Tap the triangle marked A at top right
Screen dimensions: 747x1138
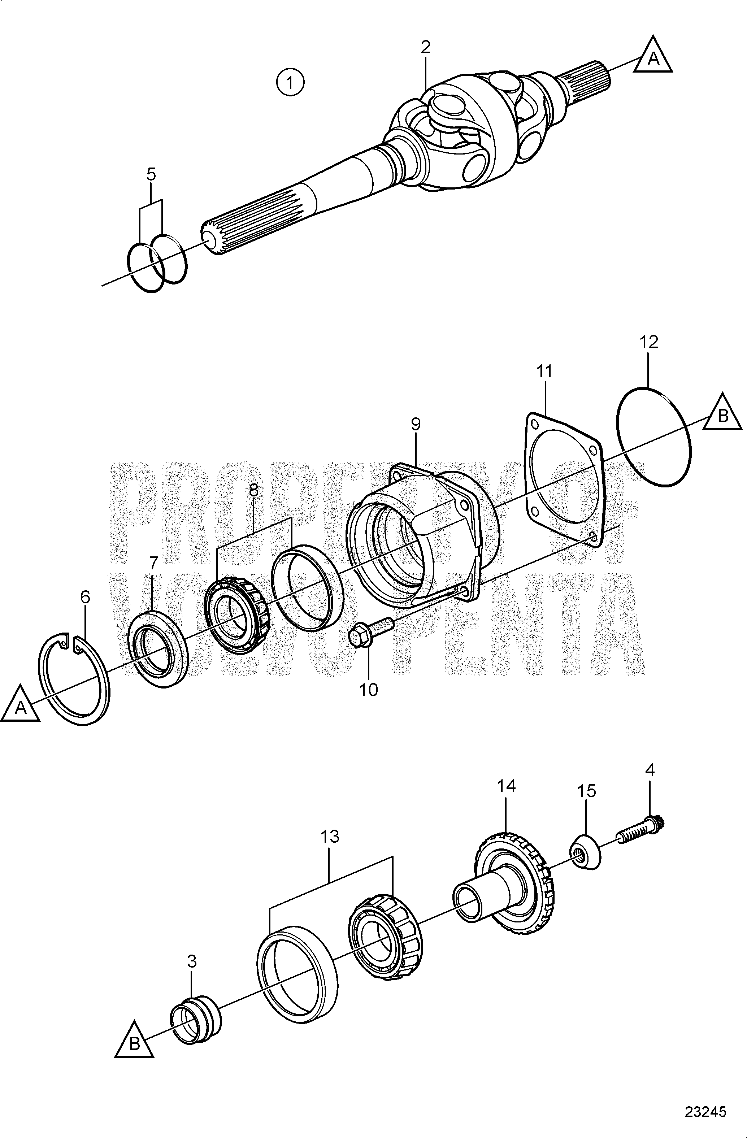(653, 56)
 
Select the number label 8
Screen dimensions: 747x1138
(253, 490)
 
